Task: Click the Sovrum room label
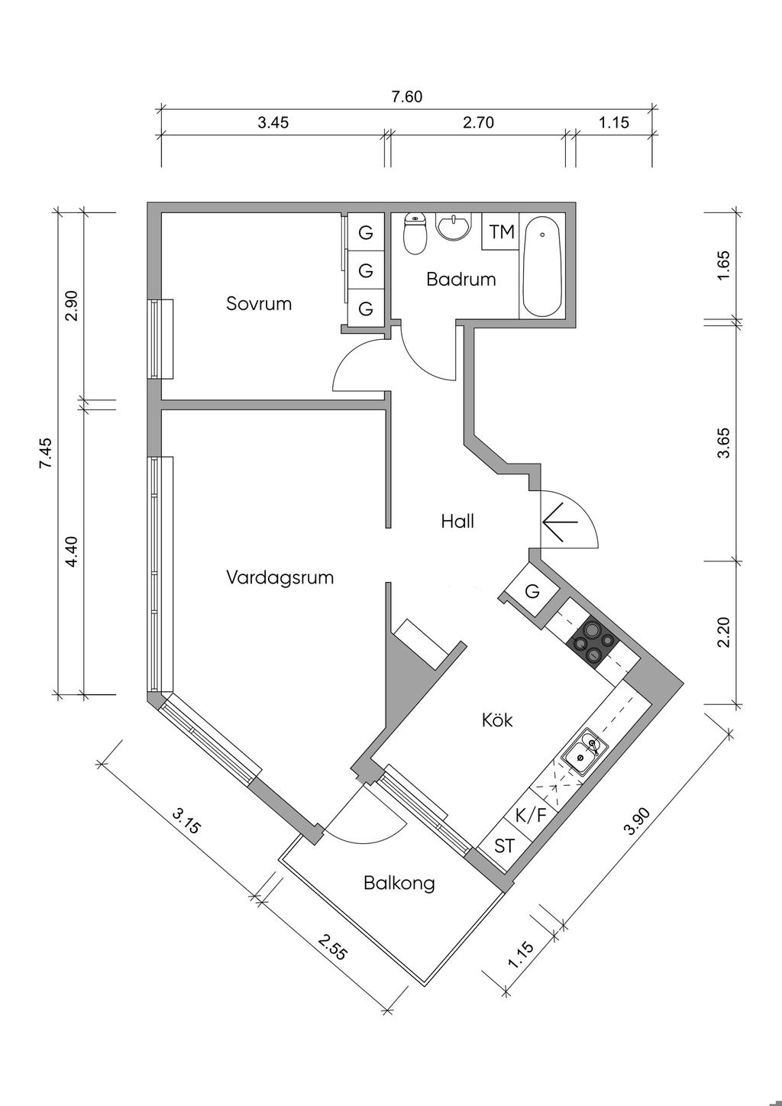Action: [x=259, y=304]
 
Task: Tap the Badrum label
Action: [x=460, y=280]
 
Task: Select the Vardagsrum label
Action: [x=280, y=577]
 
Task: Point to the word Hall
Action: [x=457, y=522]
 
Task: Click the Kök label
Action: [x=497, y=720]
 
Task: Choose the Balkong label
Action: [x=399, y=884]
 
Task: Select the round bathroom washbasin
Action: [x=454, y=227]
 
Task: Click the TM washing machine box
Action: [x=501, y=231]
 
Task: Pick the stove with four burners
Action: [x=593, y=642]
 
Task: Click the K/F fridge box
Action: [x=532, y=815]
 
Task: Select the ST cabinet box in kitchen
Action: [x=504, y=846]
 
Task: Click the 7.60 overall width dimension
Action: [x=406, y=97]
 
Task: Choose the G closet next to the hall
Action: [x=532, y=591]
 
